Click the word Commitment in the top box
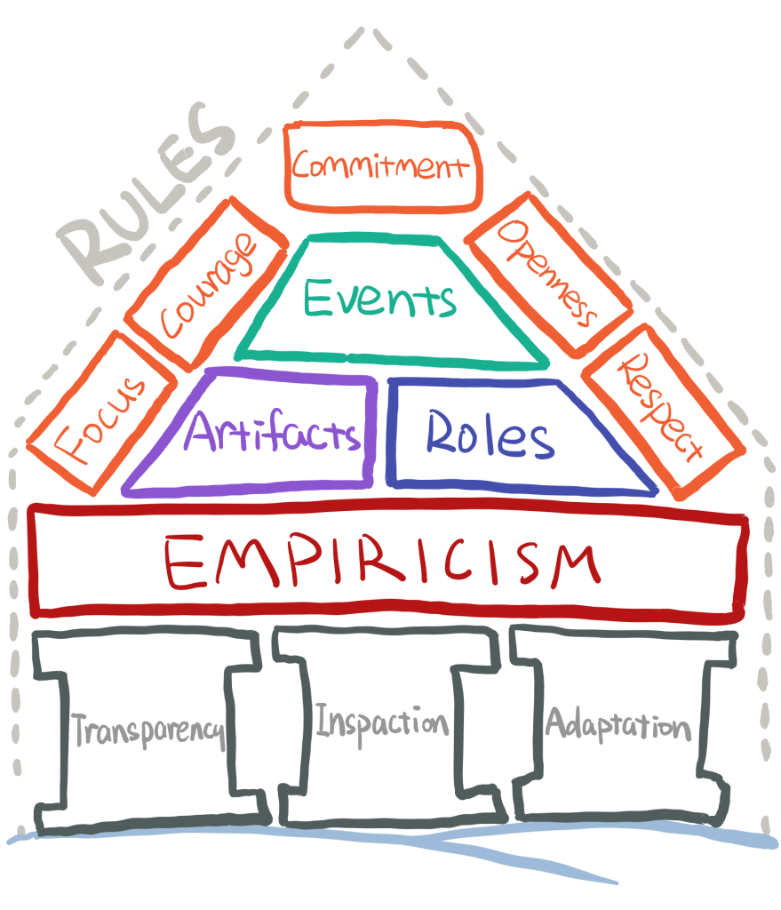pos(381,166)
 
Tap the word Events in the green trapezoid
pos(380,297)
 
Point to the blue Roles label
pos(489,435)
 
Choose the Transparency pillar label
pos(147,731)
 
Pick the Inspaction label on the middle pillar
pos(383,722)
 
